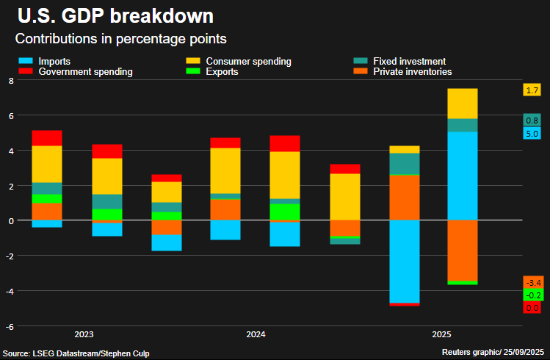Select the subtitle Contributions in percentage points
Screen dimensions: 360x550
pyautogui.click(x=120, y=38)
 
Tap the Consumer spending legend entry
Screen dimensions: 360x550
pyautogui.click(x=239, y=61)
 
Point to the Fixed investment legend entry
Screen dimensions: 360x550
pyautogui.click(x=400, y=61)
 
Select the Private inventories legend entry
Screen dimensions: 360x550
pyautogui.click(x=403, y=72)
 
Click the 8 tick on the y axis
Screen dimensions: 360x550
pyautogui.click(x=11, y=81)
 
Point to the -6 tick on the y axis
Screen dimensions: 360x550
pyautogui.click(x=10, y=326)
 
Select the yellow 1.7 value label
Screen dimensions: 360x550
pyautogui.click(x=532, y=90)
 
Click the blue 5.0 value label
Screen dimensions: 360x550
pyautogui.click(x=532, y=134)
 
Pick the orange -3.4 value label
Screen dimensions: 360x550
pyautogui.click(x=532, y=282)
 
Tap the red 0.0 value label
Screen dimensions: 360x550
pyautogui.click(x=532, y=308)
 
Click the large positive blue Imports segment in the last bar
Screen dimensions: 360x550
pyautogui.click(x=463, y=176)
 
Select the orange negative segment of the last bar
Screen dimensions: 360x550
pyautogui.click(x=463, y=250)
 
